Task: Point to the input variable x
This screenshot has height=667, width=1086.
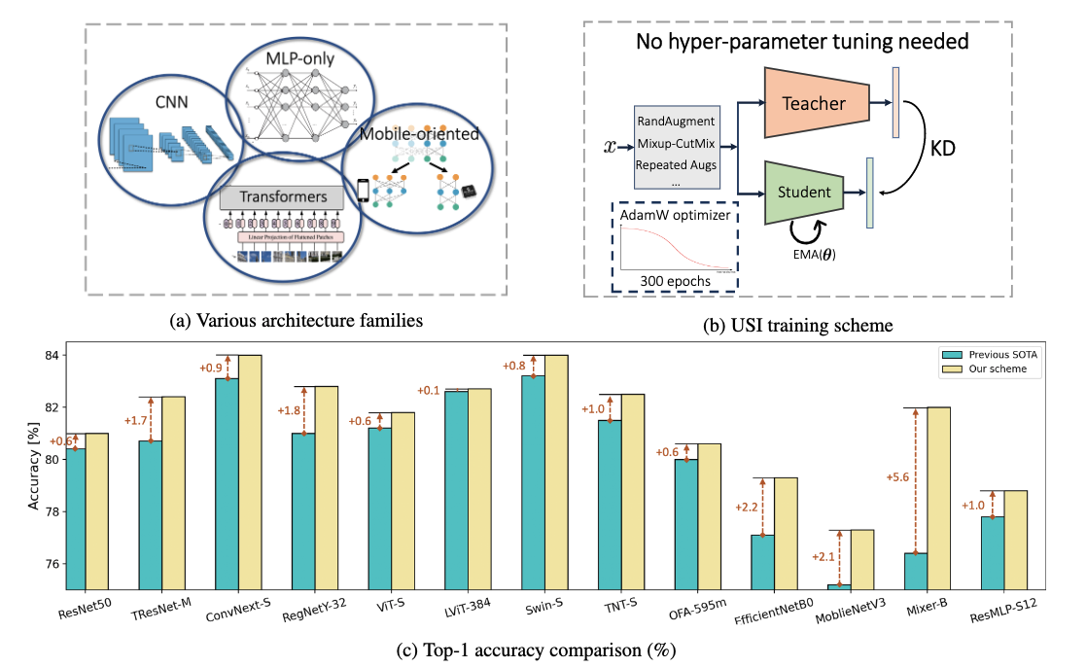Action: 610,147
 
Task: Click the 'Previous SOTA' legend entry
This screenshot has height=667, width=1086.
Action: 998,354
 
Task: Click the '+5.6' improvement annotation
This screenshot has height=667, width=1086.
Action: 897,477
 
